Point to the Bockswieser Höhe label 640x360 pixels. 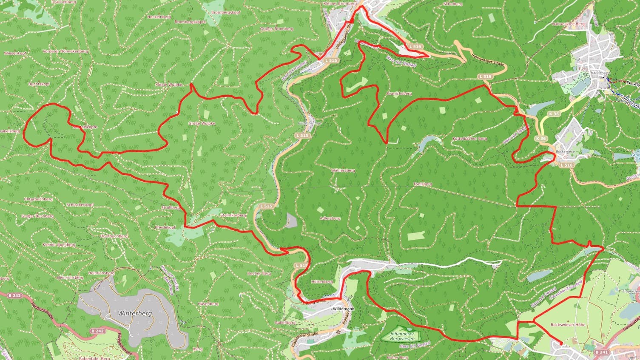[568, 325]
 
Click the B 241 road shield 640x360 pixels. [601, 352]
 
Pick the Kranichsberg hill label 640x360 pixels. [399, 93]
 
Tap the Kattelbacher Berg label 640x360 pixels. [469, 139]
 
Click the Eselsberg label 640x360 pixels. [423, 184]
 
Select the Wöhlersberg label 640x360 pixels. [343, 170]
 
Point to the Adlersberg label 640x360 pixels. [330, 218]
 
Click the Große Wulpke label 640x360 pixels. [202, 123]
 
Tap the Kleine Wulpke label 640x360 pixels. [169, 85]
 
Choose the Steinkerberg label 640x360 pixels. [233, 215]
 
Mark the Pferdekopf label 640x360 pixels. [165, 227]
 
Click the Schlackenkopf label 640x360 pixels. [80, 204]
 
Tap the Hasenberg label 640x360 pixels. [208, 304]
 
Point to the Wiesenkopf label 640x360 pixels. [15, 53]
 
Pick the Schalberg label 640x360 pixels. [452, 4]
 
